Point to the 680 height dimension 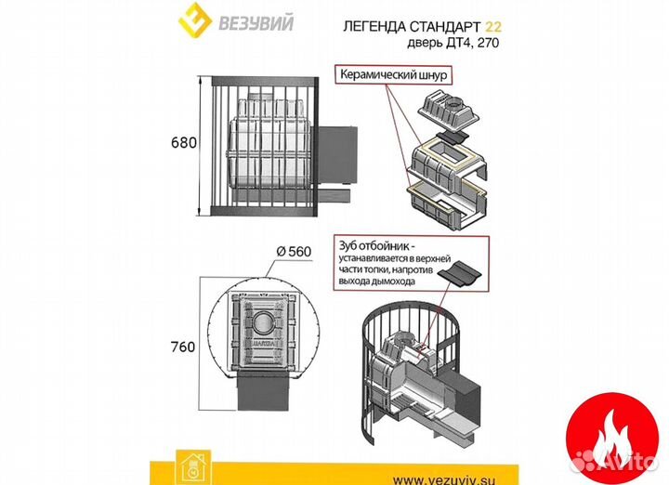click(183, 144)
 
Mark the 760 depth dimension click(183, 347)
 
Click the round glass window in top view click(265, 325)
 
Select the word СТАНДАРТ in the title click(453, 26)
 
